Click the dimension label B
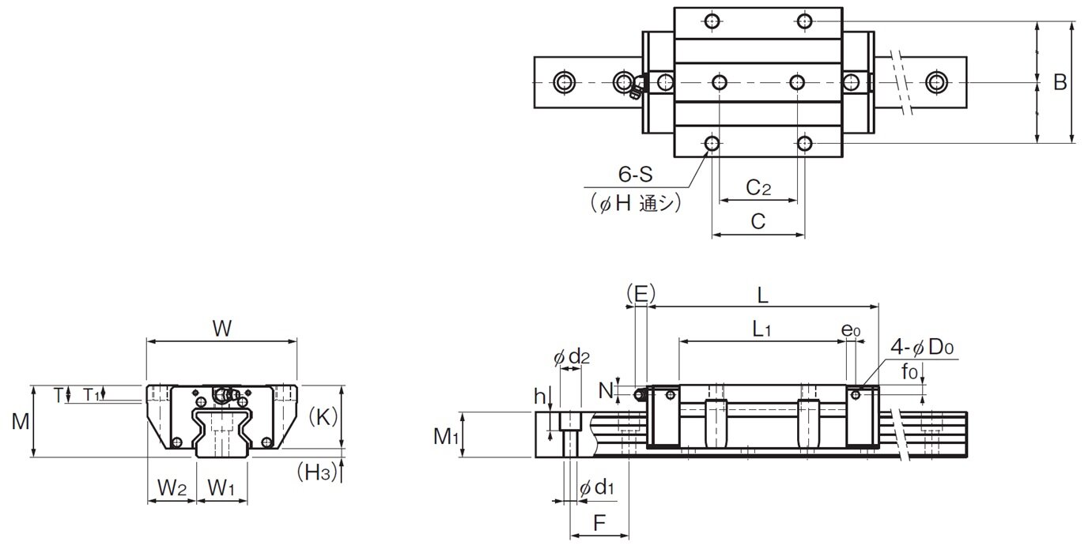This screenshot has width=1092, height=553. (1060, 82)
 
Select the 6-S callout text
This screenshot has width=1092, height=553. (635, 175)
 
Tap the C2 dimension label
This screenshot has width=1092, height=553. (758, 187)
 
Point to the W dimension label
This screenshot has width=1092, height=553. (222, 329)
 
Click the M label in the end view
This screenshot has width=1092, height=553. (21, 421)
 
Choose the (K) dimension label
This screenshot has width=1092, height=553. (323, 417)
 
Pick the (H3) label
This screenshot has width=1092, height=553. (317, 472)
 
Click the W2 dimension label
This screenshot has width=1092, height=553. (172, 487)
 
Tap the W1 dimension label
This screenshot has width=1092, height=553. (221, 487)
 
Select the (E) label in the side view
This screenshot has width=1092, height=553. (640, 294)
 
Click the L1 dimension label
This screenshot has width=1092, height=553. (761, 329)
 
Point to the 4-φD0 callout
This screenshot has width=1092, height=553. (922, 348)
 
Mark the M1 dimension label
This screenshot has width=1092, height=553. (446, 437)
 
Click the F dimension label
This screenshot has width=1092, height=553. (599, 523)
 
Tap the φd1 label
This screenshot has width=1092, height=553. (596, 487)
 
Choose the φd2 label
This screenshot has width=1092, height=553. (572, 357)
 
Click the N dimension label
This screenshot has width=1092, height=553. (606, 390)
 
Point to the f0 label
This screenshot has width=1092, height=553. (909, 372)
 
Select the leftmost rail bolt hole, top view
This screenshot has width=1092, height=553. (565, 82)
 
